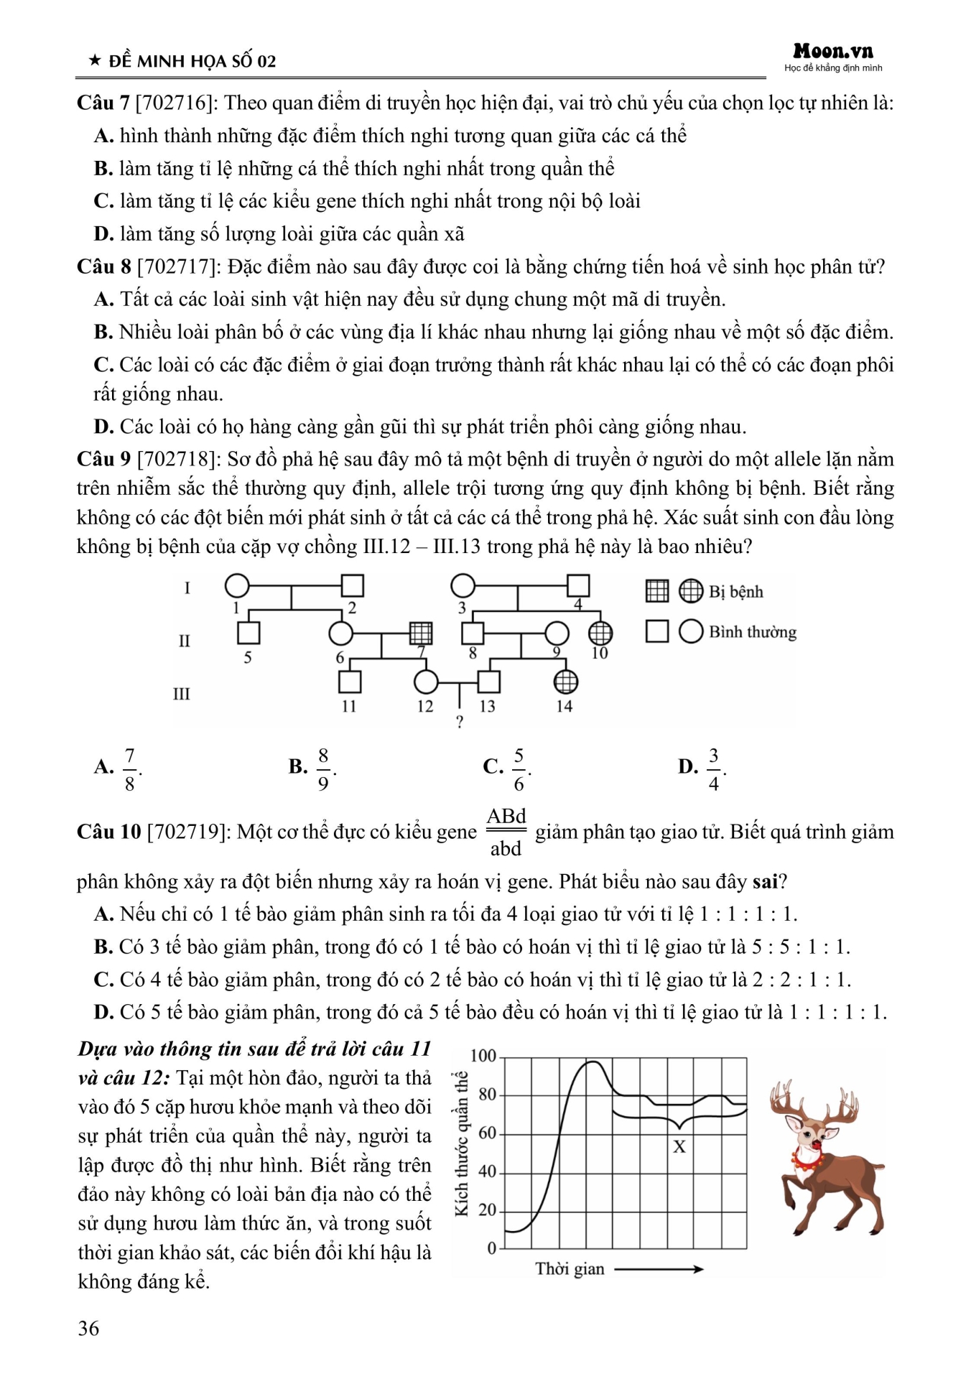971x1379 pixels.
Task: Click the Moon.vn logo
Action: point(833,52)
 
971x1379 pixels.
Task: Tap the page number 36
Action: point(88,1328)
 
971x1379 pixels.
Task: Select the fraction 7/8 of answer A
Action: point(129,769)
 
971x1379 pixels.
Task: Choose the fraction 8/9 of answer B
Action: point(323,769)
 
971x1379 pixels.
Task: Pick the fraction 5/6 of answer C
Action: point(519,769)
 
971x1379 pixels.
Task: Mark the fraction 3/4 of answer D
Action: point(713,769)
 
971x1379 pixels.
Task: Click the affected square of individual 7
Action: point(421,633)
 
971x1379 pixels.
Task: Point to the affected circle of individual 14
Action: point(565,681)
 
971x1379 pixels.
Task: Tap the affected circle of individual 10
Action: point(600,633)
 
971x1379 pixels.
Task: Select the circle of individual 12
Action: point(426,681)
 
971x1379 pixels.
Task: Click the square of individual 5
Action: point(248,633)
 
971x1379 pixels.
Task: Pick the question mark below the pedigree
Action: point(460,722)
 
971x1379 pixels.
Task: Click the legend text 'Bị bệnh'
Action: point(735,592)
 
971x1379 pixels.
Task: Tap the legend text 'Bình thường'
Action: point(753,632)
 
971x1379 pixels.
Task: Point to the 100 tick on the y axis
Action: point(483,1056)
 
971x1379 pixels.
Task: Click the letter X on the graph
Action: point(679,1147)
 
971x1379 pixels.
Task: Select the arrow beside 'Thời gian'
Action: point(659,1269)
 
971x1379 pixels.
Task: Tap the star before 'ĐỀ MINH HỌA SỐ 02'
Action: point(94,61)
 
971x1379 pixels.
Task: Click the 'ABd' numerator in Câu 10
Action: point(506,817)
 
